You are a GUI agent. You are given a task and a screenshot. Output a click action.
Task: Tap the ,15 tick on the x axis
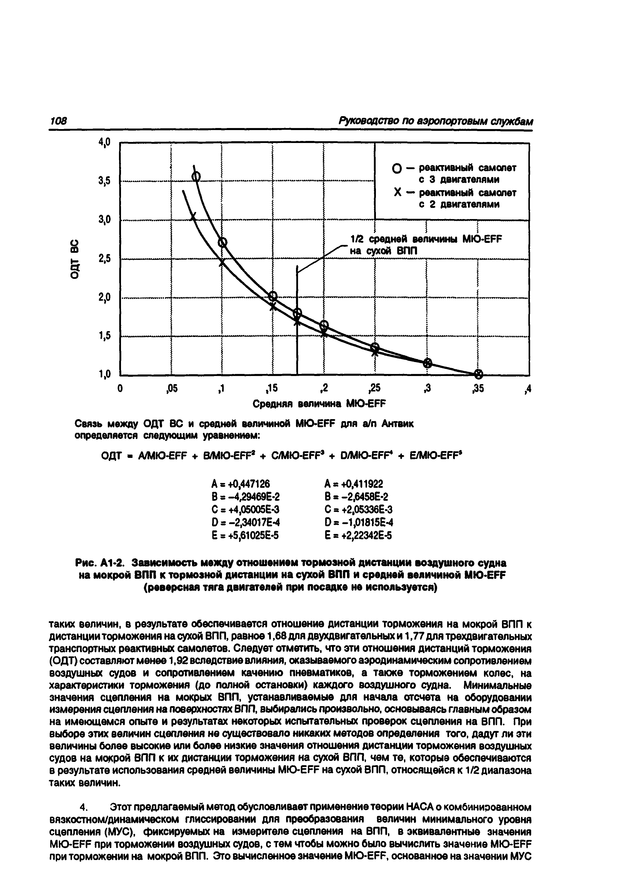point(272,389)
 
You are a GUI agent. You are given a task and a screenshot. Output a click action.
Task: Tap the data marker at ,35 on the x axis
point(478,373)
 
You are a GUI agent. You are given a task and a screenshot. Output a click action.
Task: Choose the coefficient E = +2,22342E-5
point(358,535)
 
